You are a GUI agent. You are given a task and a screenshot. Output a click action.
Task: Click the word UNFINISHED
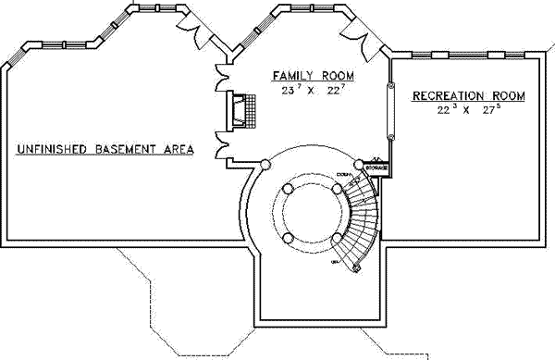[x=47, y=148]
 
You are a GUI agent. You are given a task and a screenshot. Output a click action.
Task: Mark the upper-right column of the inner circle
[x=336, y=188]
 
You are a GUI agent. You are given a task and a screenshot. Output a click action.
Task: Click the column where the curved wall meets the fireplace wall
[x=265, y=165]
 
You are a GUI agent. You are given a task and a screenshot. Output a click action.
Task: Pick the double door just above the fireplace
[x=222, y=78]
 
